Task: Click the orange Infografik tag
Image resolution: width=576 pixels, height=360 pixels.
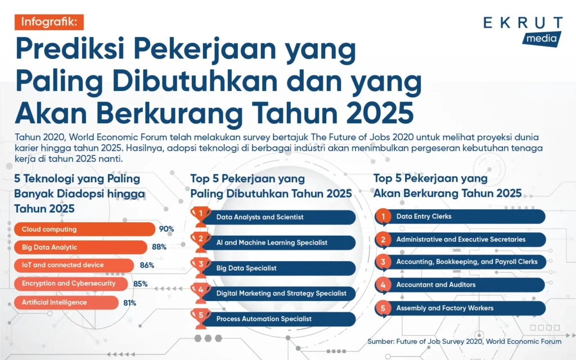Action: click(49, 22)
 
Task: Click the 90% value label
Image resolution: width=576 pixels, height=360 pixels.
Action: click(166, 229)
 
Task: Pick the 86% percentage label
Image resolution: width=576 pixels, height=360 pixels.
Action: click(147, 265)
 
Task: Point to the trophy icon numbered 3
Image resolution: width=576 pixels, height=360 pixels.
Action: click(200, 266)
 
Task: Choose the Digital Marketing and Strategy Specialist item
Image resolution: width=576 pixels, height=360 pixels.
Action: click(281, 293)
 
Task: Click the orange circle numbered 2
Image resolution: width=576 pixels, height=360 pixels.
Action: click(383, 240)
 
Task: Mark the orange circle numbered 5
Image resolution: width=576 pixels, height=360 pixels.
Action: click(383, 308)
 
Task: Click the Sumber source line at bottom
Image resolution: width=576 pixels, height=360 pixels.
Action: click(464, 341)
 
